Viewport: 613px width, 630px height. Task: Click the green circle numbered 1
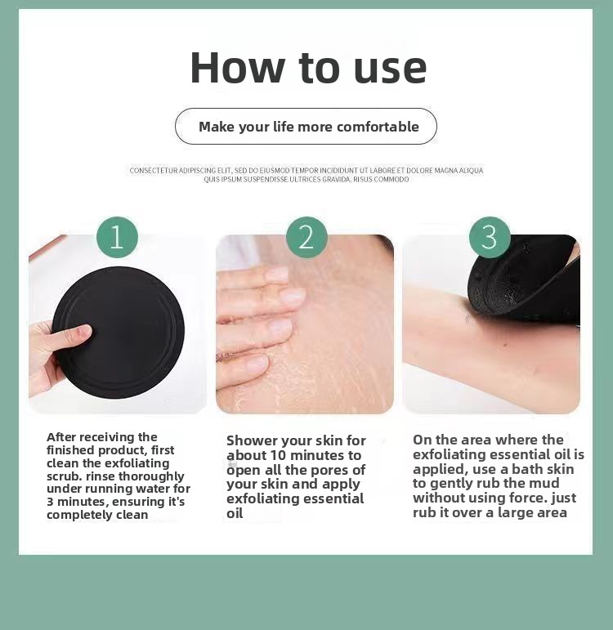[117, 237]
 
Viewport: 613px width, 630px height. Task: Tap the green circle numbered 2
[306, 237]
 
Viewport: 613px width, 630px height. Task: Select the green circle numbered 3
[490, 237]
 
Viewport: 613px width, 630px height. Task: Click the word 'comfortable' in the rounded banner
[378, 127]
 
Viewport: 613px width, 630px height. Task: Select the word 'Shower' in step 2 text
[252, 440]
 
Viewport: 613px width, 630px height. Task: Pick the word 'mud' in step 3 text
[544, 483]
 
